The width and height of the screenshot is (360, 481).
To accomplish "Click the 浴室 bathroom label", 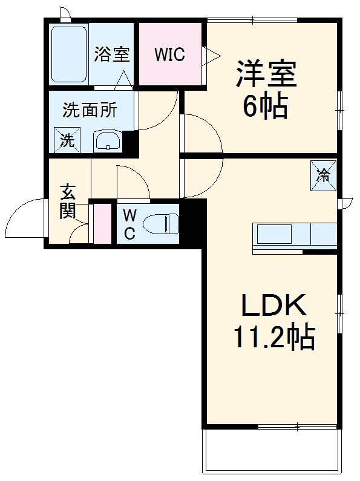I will tap(112, 54).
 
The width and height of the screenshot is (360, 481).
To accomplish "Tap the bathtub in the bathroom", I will tap(68, 54).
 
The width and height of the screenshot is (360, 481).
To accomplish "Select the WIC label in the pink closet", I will tap(169, 54).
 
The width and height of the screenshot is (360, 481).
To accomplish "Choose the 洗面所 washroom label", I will tap(90, 111).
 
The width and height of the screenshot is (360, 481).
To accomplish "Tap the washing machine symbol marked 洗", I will tap(66, 140).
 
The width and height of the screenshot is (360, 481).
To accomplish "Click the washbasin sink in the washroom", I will tap(108, 142).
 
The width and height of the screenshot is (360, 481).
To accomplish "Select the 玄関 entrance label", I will tap(67, 202).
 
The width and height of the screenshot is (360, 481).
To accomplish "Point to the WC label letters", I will tap(130, 224).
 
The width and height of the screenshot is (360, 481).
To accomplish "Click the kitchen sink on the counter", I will tap(274, 234).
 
